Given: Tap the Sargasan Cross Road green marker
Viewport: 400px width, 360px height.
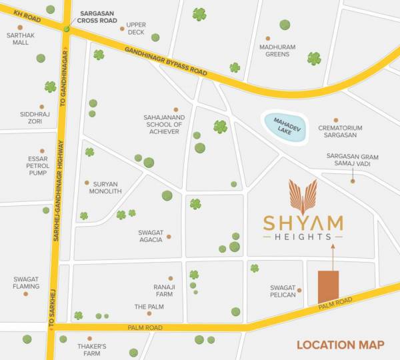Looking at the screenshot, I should (67, 29).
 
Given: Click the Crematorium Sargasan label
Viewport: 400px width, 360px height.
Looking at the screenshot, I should (340, 131).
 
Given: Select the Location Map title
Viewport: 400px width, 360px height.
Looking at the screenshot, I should (341, 345).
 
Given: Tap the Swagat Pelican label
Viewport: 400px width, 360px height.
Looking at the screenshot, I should (283, 291).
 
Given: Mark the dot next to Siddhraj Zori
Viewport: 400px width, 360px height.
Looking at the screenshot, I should (41, 106).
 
